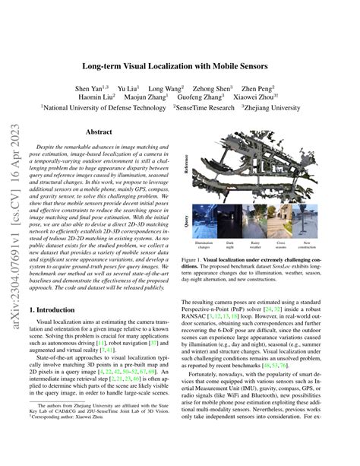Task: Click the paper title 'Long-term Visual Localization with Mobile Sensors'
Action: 179,65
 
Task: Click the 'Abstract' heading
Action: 99,132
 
